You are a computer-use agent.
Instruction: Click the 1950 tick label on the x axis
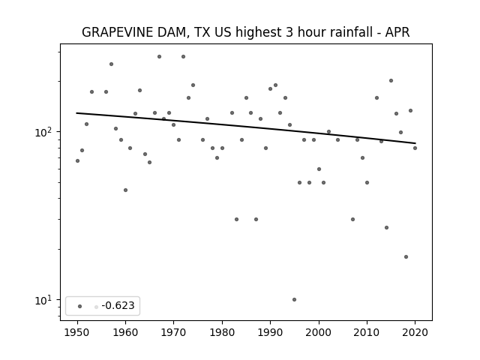click(77, 332)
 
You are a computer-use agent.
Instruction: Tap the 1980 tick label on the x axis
click(222, 332)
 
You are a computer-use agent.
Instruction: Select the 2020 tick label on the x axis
click(415, 332)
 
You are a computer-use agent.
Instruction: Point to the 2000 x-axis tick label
click(319, 332)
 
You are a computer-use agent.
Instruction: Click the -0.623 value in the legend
click(118, 305)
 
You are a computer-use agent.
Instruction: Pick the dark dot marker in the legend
click(80, 306)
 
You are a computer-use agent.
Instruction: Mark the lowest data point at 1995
click(295, 300)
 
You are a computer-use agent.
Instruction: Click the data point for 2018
click(406, 256)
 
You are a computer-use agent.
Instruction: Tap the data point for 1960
click(125, 190)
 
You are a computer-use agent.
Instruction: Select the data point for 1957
click(112, 64)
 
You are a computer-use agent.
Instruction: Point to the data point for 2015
click(391, 81)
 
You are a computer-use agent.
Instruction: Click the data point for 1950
click(77, 161)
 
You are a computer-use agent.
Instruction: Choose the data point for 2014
click(387, 228)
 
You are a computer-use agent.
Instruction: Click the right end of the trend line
click(415, 143)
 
